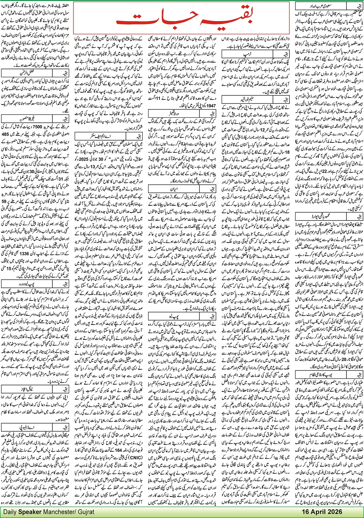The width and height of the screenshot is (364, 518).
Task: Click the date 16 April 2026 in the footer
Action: tap(322, 511)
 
